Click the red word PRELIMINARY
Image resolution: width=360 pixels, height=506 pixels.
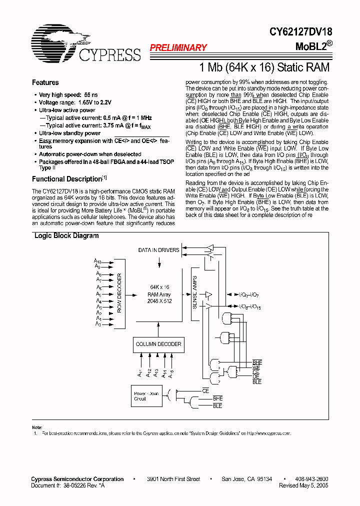(x=178, y=48)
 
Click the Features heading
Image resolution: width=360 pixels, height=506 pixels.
(x=45, y=82)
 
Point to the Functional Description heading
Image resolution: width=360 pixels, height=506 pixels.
(x=67, y=179)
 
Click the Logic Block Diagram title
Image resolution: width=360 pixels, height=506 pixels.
(x=66, y=236)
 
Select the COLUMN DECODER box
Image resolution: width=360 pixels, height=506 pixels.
(x=158, y=344)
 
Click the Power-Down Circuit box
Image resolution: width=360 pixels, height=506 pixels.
(x=146, y=396)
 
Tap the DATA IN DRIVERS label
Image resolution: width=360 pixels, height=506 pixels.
(x=158, y=250)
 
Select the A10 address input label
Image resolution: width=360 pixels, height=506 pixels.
(x=97, y=261)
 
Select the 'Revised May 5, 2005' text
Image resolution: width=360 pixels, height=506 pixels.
(x=303, y=485)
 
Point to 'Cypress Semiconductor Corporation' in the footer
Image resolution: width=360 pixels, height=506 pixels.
(x=77, y=479)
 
